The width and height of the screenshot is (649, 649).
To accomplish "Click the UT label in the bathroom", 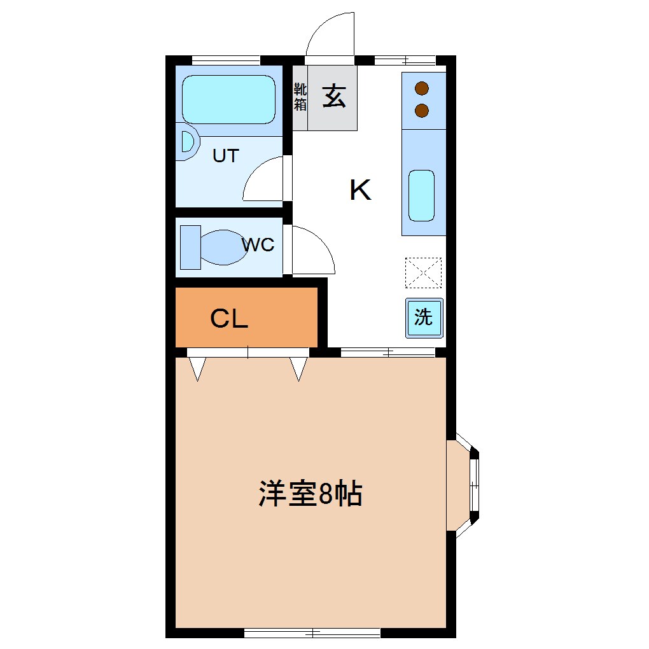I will (x=225, y=156).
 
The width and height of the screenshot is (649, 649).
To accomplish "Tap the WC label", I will (x=258, y=244).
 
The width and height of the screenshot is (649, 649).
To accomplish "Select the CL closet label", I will (x=229, y=319).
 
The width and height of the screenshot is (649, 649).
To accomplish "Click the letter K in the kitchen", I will (x=360, y=190).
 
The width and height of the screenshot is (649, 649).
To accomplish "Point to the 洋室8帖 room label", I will (x=310, y=494).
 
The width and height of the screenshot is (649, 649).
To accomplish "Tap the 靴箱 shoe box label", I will (x=300, y=97).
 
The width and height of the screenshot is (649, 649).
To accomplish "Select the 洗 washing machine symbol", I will (x=424, y=317).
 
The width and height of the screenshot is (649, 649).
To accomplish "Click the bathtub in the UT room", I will (x=228, y=99).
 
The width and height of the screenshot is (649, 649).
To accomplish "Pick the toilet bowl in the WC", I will (x=223, y=247).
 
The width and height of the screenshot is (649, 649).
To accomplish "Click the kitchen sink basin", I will (x=421, y=195).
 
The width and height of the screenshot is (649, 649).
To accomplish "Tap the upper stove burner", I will (x=421, y=88).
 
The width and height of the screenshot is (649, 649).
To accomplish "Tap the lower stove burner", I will (x=421, y=111).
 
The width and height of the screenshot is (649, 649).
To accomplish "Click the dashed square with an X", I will (x=423, y=272).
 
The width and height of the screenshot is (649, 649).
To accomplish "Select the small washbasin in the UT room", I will (x=187, y=142).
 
